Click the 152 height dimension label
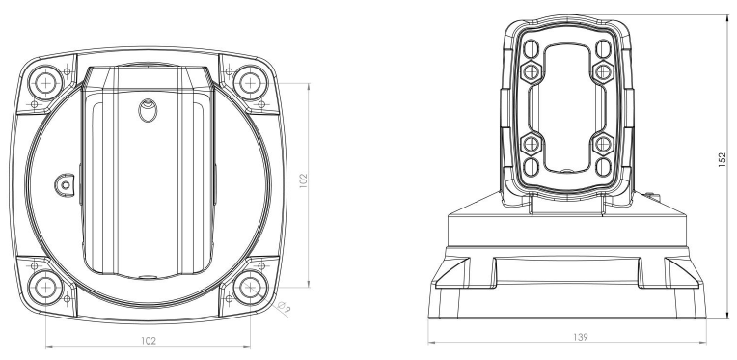(x=723, y=159)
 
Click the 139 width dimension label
(x=581, y=337)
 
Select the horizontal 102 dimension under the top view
(x=149, y=341)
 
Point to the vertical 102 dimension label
(x=303, y=180)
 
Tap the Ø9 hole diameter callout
(x=285, y=307)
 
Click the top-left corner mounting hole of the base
(x=45, y=83)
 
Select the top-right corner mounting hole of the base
(x=251, y=83)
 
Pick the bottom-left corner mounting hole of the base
(x=45, y=288)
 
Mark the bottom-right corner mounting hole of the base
(x=251, y=288)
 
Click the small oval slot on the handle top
(x=148, y=110)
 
